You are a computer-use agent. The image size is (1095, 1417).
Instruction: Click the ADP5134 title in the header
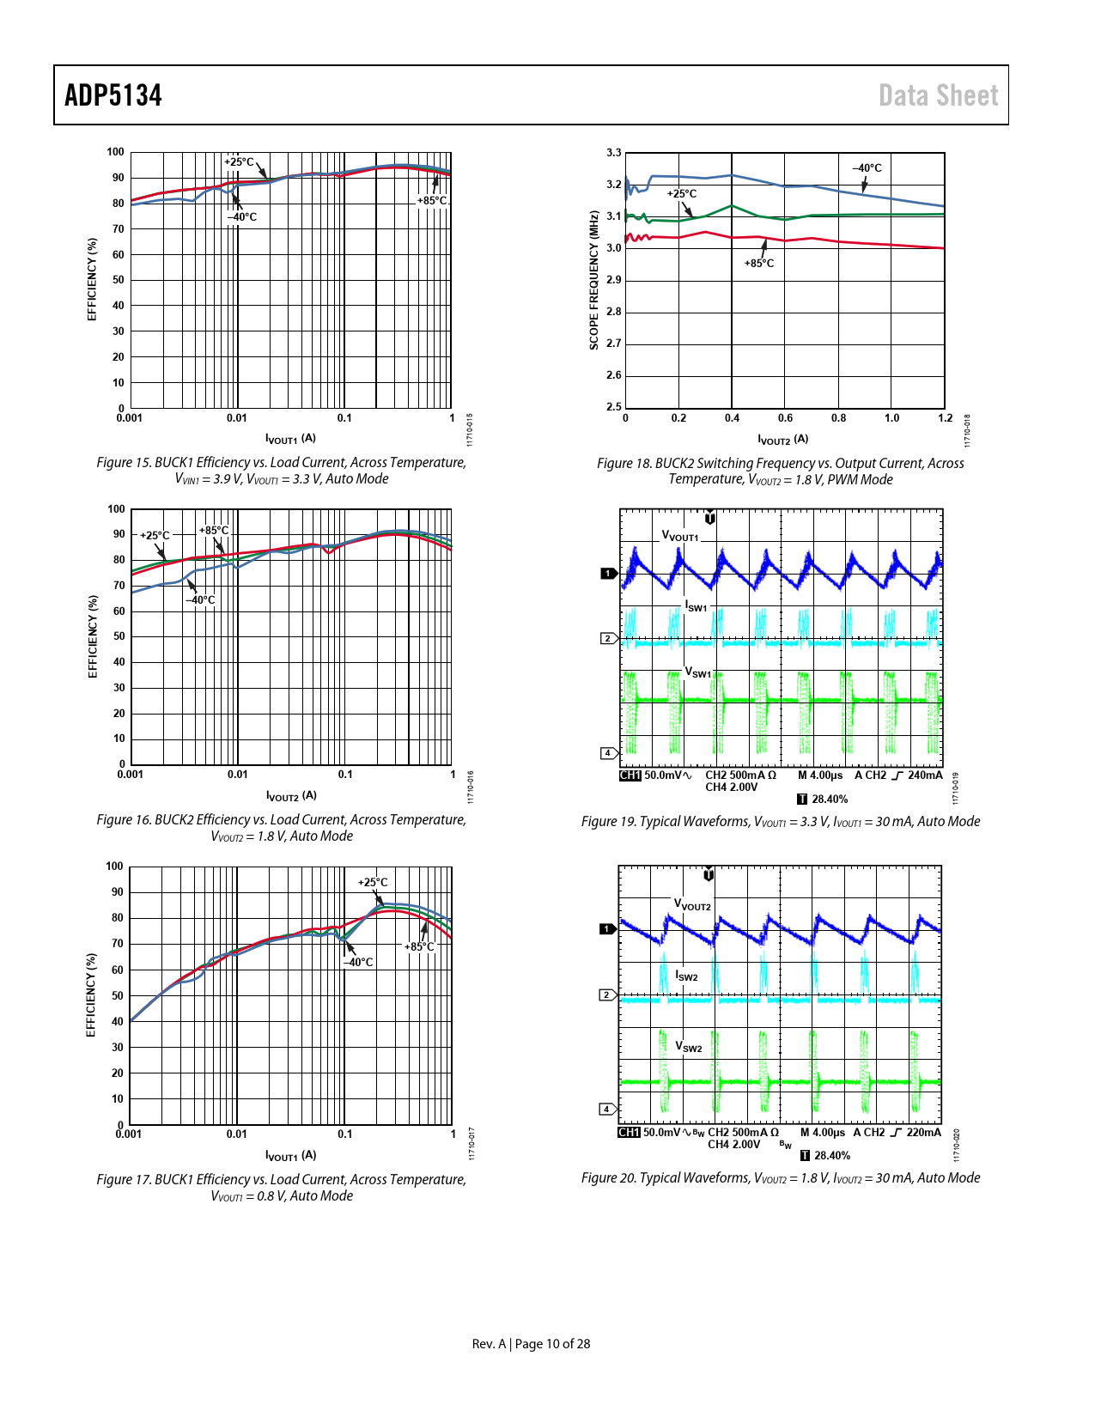(x=113, y=95)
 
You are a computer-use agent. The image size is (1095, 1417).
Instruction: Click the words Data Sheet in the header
(x=938, y=95)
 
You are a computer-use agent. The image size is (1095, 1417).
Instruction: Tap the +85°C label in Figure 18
(x=758, y=264)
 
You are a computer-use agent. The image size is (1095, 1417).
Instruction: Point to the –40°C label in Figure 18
(x=867, y=168)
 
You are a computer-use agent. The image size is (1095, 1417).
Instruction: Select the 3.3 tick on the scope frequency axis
(x=614, y=153)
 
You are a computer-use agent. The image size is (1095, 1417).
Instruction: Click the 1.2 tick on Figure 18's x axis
(x=945, y=418)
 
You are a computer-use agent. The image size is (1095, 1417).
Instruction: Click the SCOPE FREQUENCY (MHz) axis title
(x=593, y=280)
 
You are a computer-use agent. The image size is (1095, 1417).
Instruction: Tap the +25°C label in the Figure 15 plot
(x=239, y=161)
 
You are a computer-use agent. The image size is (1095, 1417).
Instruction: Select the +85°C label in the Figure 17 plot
(x=419, y=946)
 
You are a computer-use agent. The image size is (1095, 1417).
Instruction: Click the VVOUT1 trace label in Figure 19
(x=680, y=536)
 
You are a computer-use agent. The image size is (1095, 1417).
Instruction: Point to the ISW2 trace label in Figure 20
(x=686, y=976)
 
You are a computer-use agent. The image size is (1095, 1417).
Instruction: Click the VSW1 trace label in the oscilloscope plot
(x=697, y=672)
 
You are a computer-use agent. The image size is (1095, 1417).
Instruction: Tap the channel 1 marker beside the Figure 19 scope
(x=608, y=573)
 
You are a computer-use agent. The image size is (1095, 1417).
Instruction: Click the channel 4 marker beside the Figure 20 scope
(x=607, y=1109)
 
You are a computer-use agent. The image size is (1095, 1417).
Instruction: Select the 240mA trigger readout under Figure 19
(x=924, y=775)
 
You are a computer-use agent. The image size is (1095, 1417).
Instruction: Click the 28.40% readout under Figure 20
(x=831, y=1155)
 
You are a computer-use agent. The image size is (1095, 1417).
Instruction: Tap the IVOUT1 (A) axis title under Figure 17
(x=290, y=1155)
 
